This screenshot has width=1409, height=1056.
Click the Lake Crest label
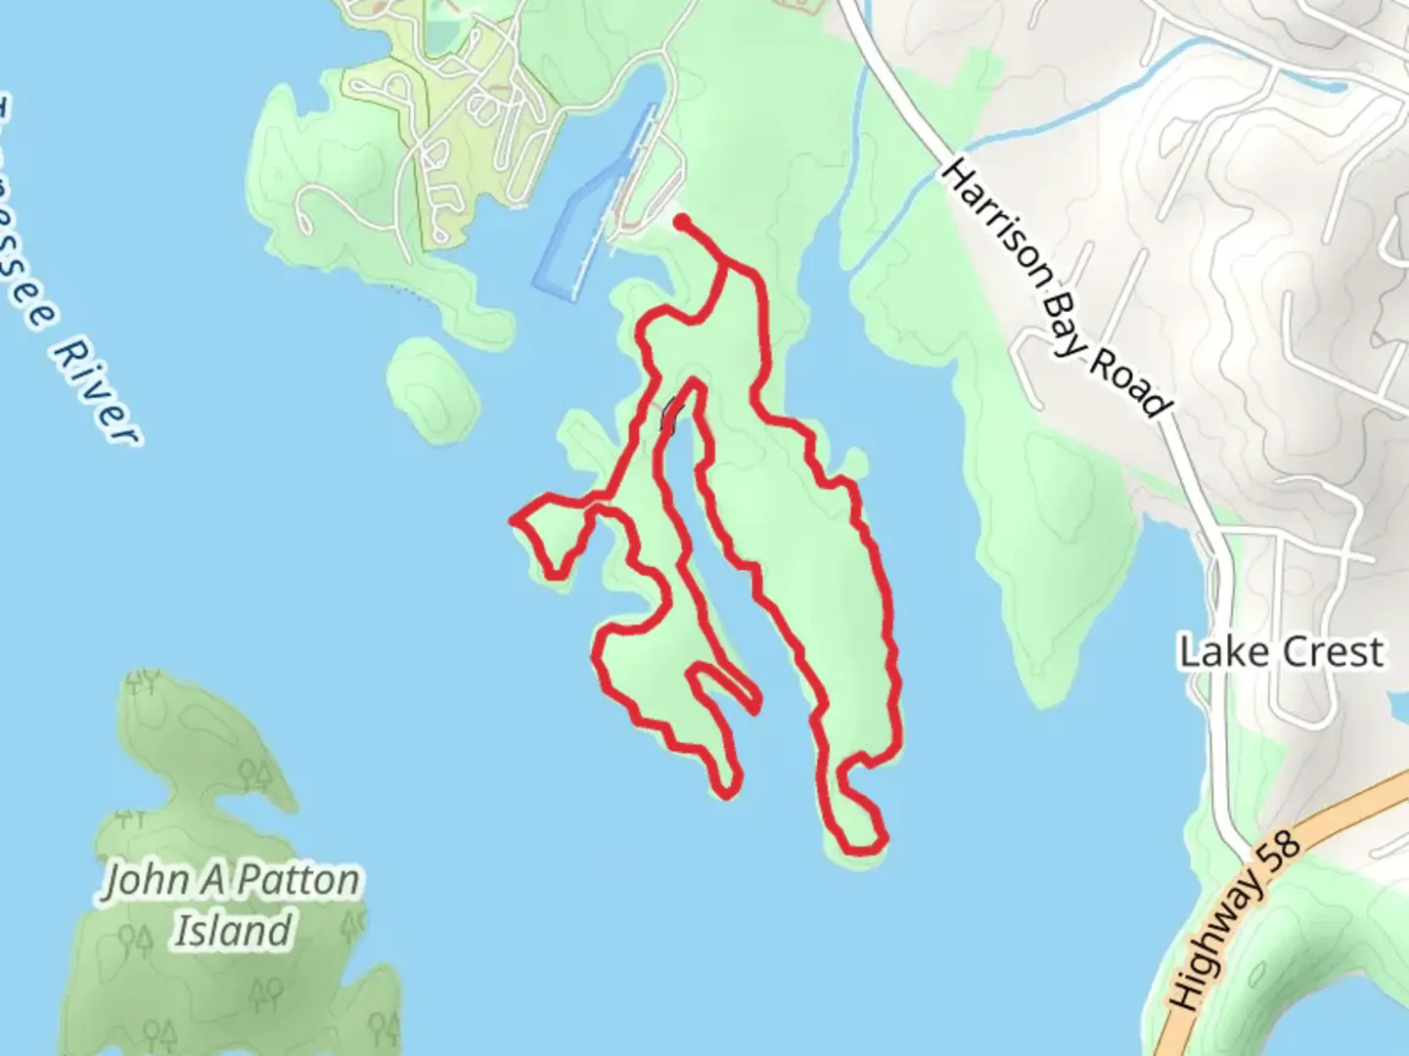1281,652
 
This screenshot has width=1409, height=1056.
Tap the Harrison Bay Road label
1055,288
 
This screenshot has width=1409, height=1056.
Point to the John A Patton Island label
232,904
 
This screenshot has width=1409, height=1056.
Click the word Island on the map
233,930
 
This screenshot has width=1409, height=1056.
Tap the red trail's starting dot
680,222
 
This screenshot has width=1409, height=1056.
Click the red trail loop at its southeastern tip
881,839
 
